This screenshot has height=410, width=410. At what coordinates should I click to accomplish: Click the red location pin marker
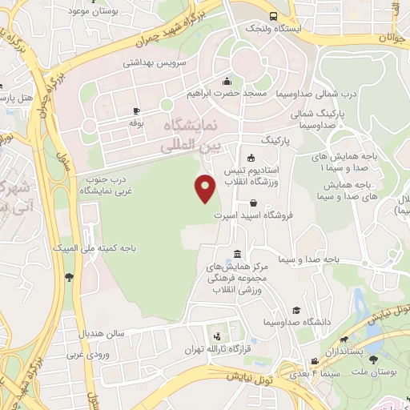click(x=206, y=187)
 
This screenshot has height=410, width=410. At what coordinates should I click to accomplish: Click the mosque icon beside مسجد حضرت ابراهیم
click(x=227, y=80)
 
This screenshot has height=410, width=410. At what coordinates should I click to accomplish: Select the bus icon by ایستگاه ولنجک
click(x=274, y=15)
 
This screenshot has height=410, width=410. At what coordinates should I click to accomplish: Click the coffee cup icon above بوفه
click(x=136, y=111)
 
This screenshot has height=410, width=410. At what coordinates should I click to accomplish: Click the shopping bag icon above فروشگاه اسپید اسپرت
click(x=253, y=203)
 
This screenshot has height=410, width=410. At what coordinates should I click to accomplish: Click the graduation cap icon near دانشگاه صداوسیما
click(x=296, y=310)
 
